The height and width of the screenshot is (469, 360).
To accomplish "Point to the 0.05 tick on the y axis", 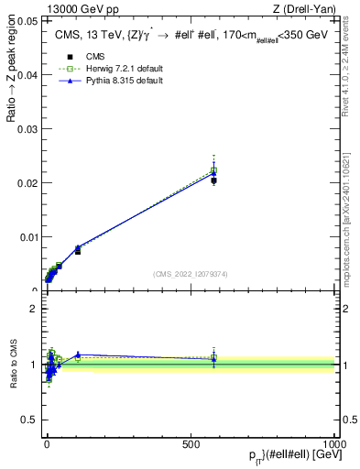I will [27, 20].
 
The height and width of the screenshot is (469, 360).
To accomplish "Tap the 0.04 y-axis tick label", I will [27, 75].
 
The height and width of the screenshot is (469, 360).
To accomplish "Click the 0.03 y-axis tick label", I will [27, 129].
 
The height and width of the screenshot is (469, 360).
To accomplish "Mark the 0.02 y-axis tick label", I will [27, 183].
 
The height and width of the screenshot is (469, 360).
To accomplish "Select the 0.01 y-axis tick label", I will [27, 237].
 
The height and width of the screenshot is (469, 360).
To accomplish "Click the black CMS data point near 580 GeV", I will [213, 180].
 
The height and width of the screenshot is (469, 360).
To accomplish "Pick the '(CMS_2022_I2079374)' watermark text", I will [191, 273].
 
